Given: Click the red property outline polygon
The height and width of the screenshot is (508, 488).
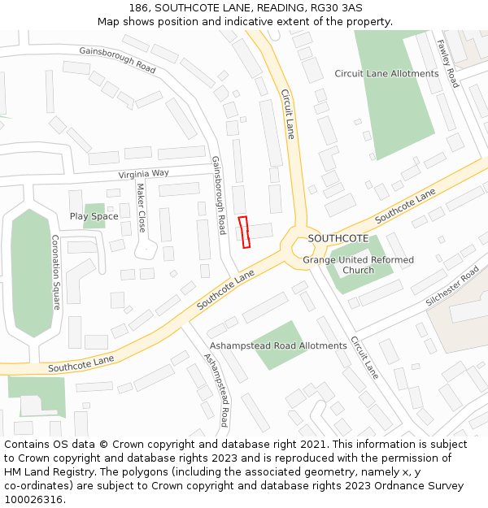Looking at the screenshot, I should pos(244,232).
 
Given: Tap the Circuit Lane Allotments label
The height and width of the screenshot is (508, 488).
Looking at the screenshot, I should pos(386,74).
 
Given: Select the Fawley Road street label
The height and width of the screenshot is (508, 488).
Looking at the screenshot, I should pos(447,63).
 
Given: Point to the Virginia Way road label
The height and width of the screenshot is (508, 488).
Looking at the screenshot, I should pos(143,174).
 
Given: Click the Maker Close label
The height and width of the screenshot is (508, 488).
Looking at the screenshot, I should pos(141,207).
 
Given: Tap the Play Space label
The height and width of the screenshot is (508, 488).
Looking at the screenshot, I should pos(94,216).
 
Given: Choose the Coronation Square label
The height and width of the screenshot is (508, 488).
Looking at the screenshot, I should pos(56,272).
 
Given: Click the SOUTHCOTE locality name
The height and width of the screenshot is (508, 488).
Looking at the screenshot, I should pos(338,238).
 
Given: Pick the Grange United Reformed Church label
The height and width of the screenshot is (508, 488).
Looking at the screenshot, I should pos(358,265).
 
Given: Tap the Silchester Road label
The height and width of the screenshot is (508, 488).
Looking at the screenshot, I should pos(452,286).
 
